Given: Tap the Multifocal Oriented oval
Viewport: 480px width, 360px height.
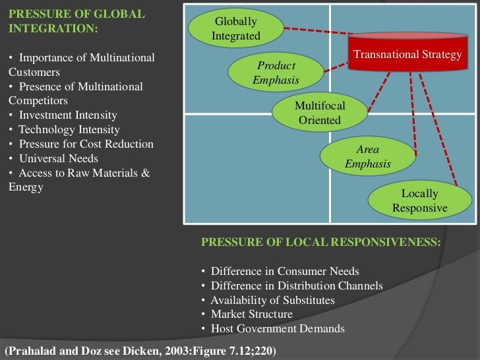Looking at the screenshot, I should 319,113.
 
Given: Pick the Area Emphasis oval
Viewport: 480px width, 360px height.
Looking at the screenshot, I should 368,156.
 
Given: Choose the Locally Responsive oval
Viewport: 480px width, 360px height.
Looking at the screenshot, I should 419,200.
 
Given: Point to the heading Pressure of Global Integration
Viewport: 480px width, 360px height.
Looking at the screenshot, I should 76,22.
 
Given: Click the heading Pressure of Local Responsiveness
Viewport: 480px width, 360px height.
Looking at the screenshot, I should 321,242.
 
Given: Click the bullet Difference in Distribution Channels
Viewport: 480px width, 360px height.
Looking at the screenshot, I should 297,286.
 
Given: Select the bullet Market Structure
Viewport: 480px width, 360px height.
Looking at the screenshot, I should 251,315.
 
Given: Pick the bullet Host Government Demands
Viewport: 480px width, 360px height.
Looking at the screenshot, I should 278,329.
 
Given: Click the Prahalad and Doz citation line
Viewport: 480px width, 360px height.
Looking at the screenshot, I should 140,349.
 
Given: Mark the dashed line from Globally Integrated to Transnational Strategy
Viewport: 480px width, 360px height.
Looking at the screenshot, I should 316,31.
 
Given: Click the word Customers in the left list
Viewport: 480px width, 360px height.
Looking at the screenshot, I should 34,73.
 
